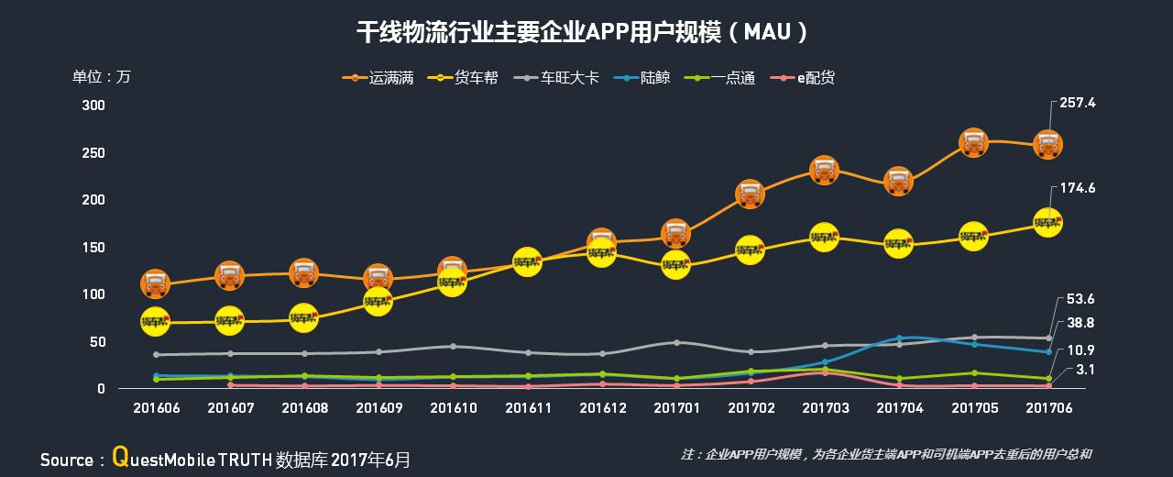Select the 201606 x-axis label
click(x=155, y=407)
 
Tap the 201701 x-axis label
click(x=675, y=407)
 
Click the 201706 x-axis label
click(x=1048, y=407)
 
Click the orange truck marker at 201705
click(x=973, y=142)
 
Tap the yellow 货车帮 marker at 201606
click(x=155, y=321)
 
